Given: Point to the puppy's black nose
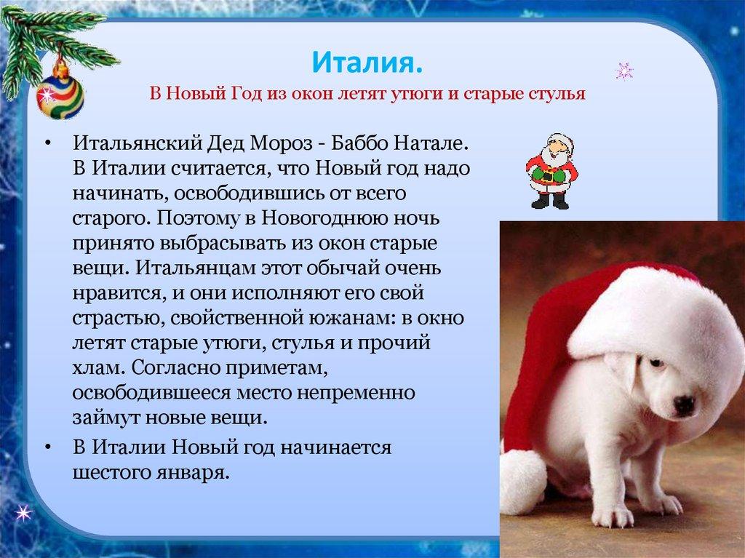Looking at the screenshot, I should pyautogui.click(x=683, y=404).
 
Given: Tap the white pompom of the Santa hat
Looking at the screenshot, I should pyautogui.click(x=522, y=481).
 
